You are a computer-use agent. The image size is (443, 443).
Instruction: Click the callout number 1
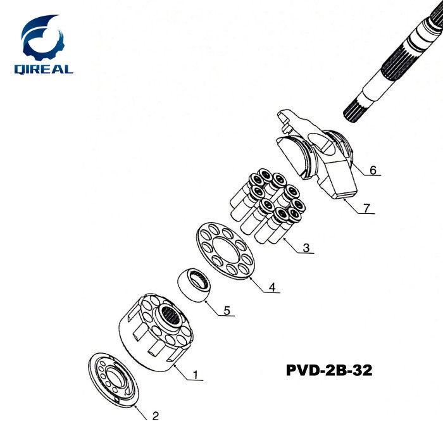(196, 375)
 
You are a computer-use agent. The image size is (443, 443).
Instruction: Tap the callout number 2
(156, 416)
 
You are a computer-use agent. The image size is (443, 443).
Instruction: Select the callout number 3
(306, 248)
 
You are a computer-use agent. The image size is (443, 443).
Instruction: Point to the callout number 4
(272, 287)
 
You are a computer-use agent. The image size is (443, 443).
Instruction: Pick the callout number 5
(227, 310)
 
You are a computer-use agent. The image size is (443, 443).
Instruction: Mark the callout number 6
(373, 170)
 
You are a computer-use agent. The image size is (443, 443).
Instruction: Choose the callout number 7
(366, 208)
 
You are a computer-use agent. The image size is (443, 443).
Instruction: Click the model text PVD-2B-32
(329, 370)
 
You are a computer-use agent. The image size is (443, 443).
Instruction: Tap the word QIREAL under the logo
(44, 70)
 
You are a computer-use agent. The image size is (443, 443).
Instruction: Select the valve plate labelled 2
(113, 380)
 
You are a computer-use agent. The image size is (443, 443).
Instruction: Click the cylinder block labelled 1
(156, 333)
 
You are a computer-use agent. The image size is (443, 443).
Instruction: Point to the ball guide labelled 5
(194, 285)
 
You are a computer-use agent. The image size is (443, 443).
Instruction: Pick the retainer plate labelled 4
(225, 251)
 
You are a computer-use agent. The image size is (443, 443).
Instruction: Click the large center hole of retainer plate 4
(225, 251)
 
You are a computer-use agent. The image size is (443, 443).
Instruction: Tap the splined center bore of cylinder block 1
(170, 316)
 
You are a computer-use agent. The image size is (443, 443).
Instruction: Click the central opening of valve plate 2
(114, 378)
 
